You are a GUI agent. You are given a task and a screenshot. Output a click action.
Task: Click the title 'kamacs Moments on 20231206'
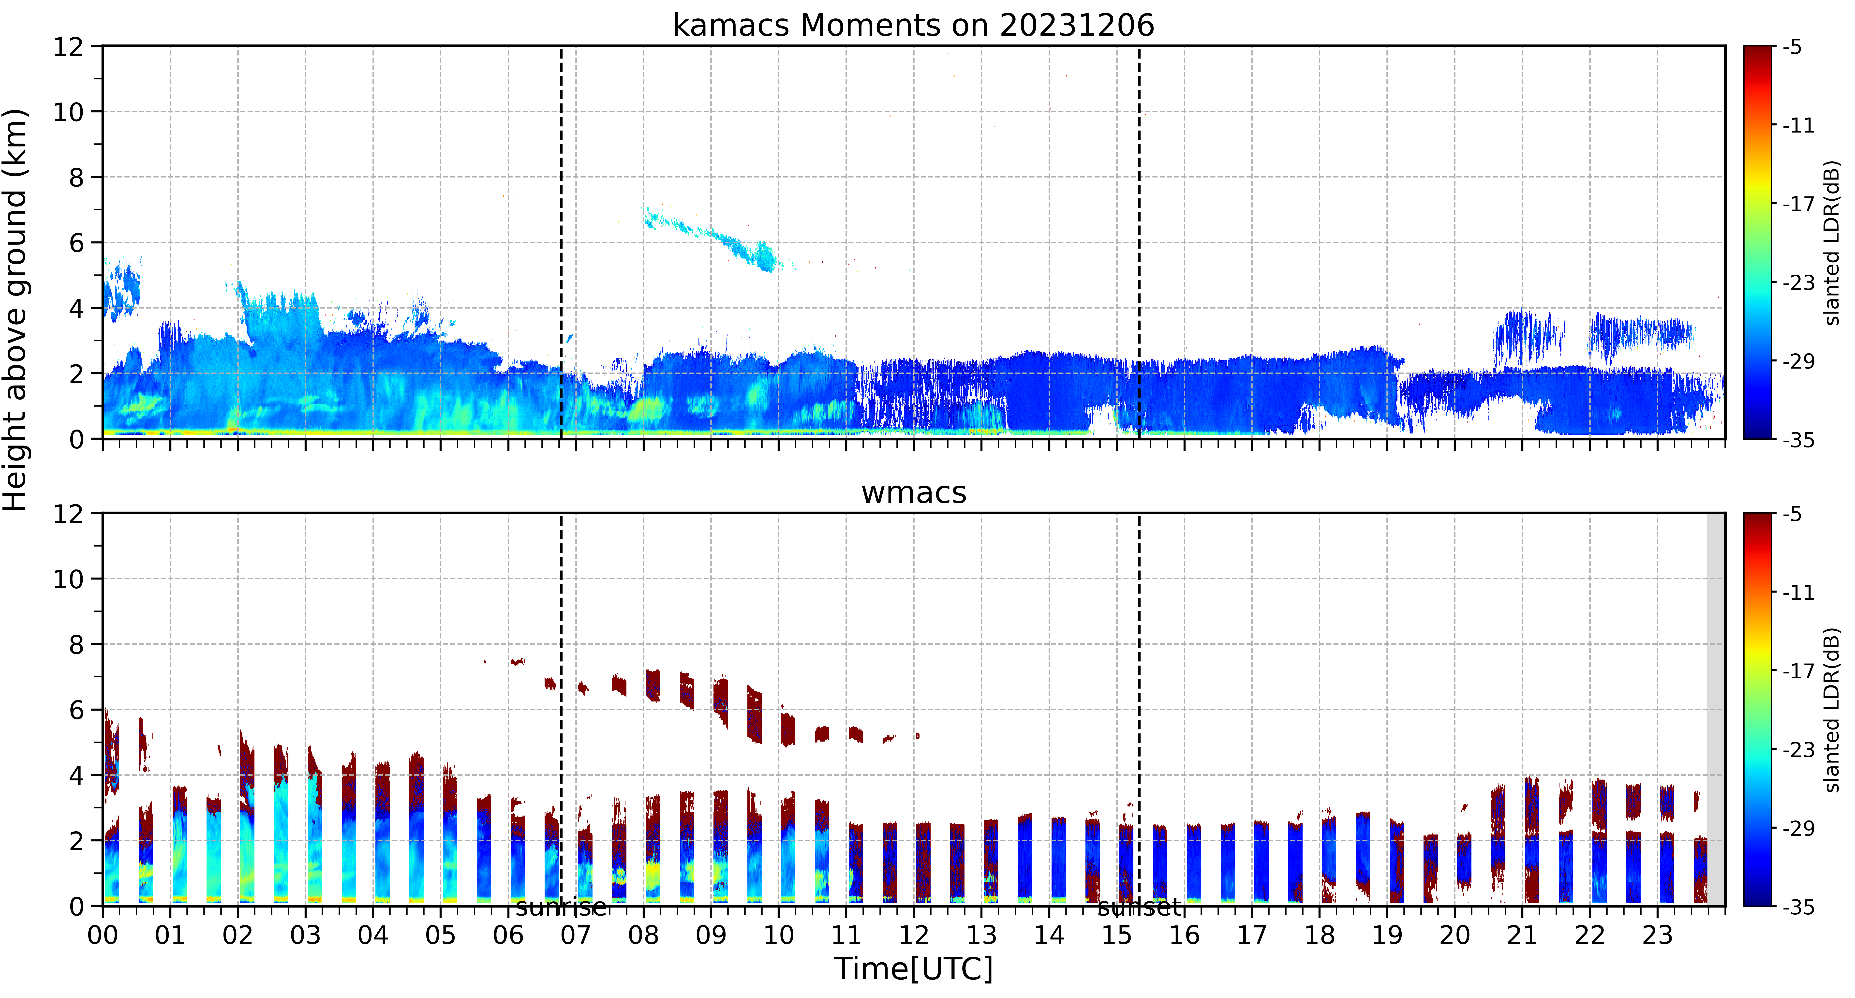(913, 25)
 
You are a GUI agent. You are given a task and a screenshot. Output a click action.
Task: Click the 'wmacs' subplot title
(913, 492)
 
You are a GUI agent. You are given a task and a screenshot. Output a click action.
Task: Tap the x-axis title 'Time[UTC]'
(913, 968)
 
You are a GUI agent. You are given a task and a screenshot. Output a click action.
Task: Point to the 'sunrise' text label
(561, 907)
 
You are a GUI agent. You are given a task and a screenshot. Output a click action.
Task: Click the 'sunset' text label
(1139, 907)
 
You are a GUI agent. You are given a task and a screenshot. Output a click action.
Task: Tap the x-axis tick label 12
(913, 935)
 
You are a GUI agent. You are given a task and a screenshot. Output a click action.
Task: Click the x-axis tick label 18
(1319, 935)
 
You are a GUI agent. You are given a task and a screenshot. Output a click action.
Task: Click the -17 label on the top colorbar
(1798, 205)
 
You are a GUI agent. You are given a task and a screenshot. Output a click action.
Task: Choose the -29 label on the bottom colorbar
(1798, 828)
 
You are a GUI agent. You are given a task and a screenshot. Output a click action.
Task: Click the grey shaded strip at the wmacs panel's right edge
(1716, 709)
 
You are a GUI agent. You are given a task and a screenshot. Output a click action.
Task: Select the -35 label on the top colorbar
(1798, 440)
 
